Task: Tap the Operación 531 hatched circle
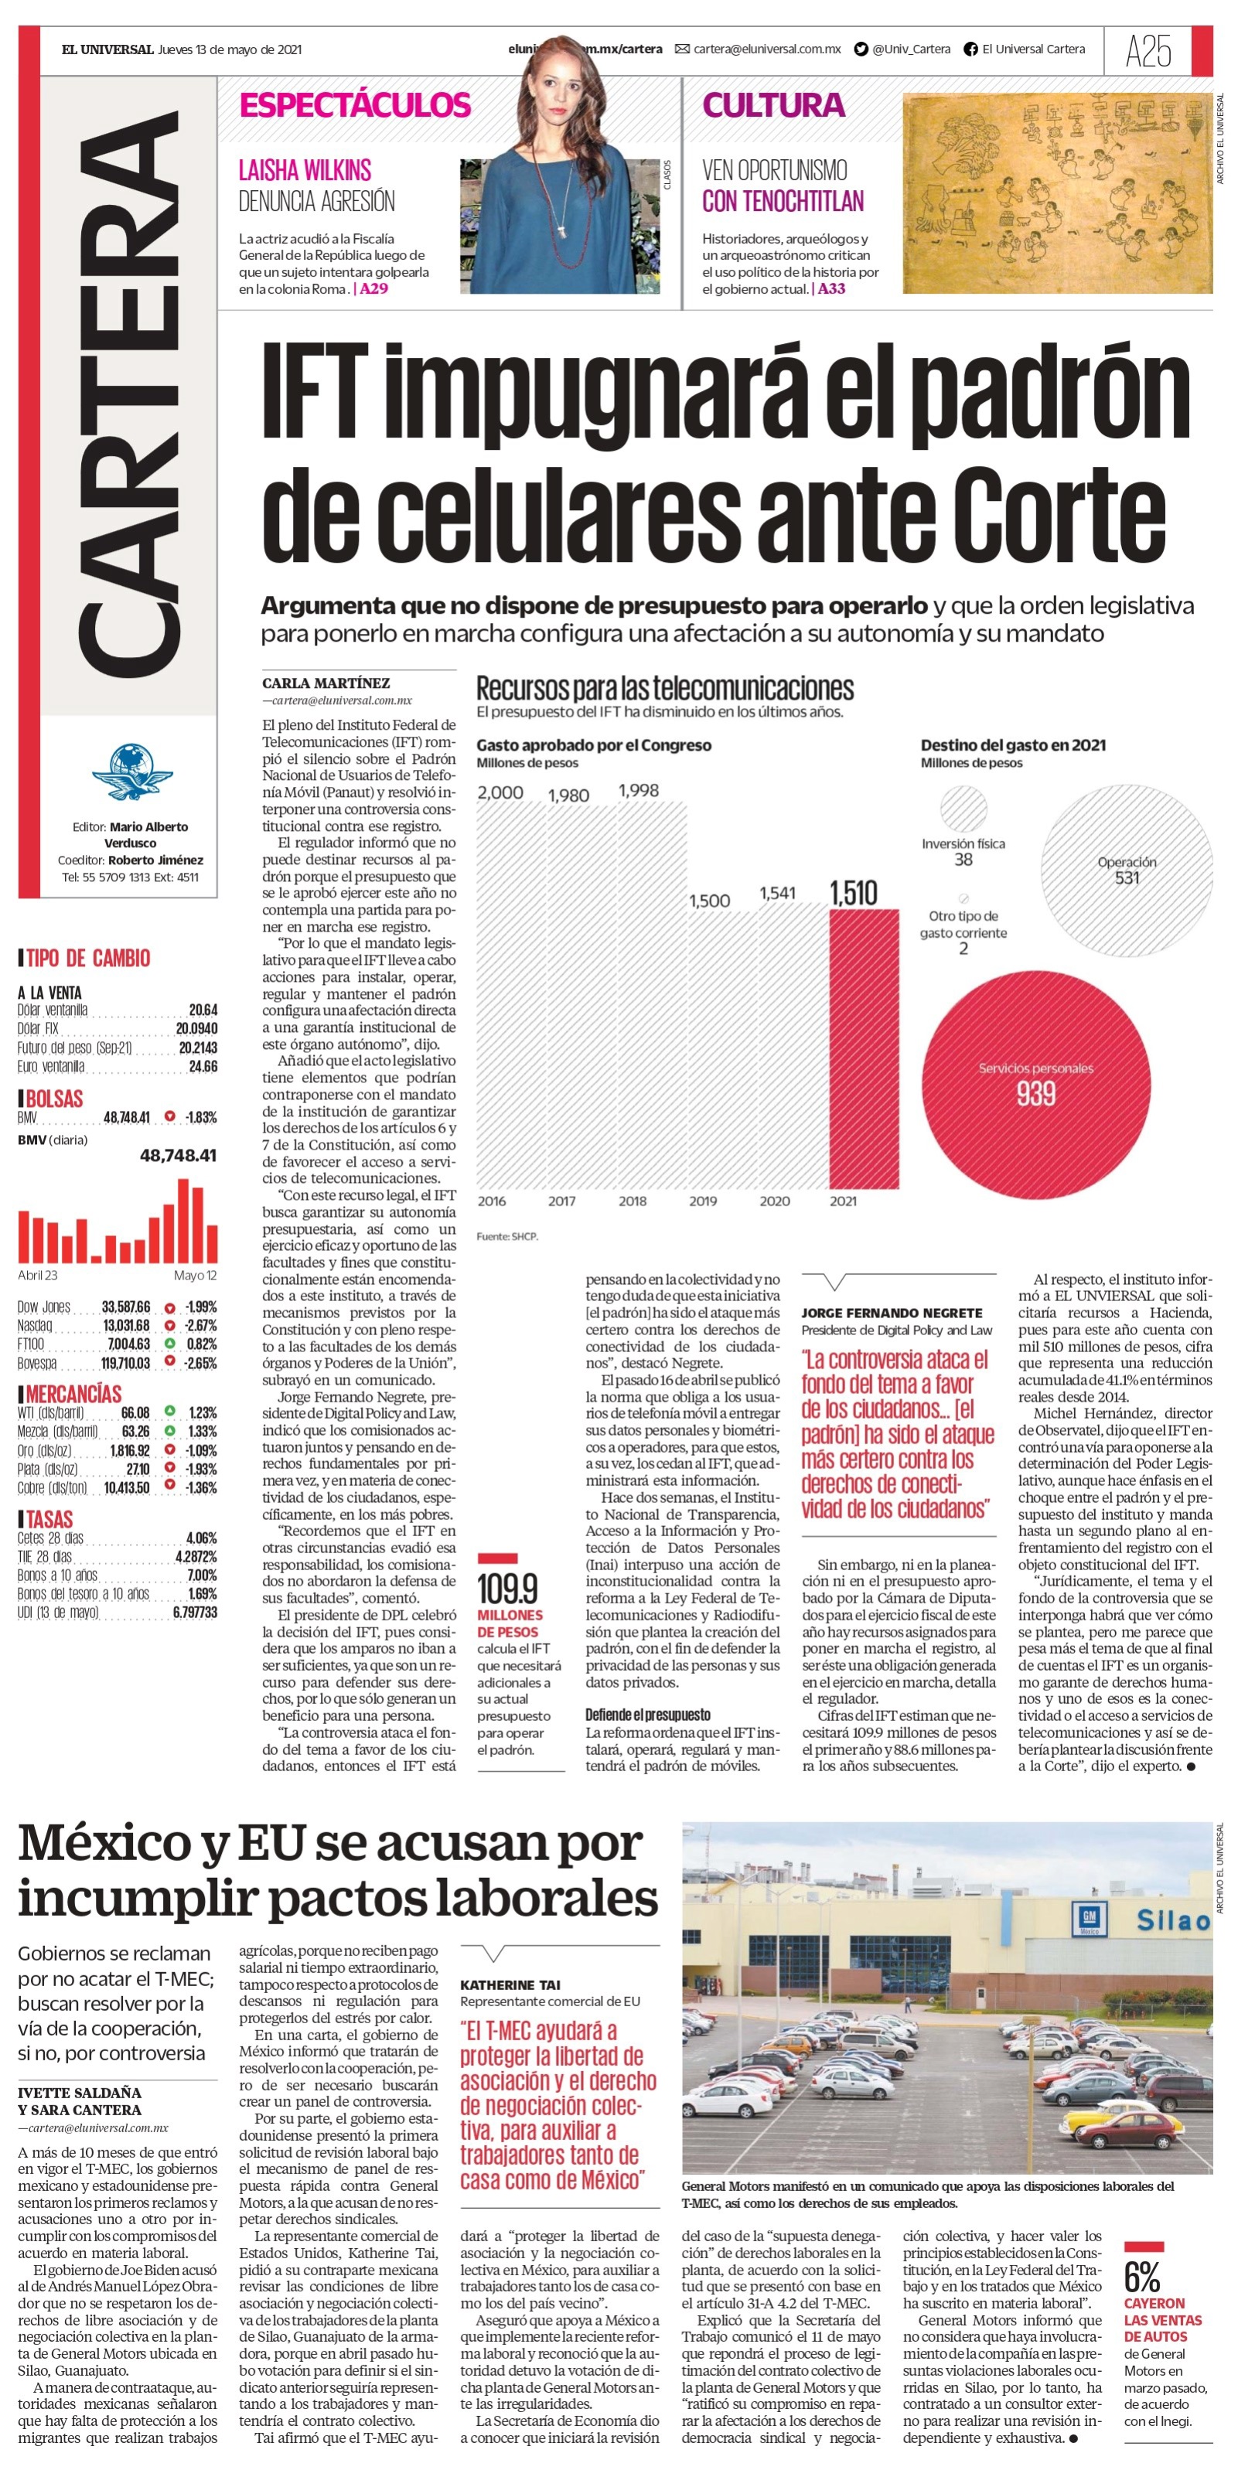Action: (x=1127, y=870)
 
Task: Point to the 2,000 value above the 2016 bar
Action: (x=500, y=792)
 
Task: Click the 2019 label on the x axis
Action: (x=703, y=1201)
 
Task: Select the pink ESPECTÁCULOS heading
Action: (x=355, y=104)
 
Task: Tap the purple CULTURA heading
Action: (x=774, y=104)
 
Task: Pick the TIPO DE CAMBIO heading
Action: (x=88, y=958)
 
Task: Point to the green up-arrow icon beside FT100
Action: (x=170, y=1344)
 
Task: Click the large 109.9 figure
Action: (x=507, y=1589)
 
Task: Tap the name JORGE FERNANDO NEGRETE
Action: (x=892, y=1313)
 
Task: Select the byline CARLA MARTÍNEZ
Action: (x=326, y=683)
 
